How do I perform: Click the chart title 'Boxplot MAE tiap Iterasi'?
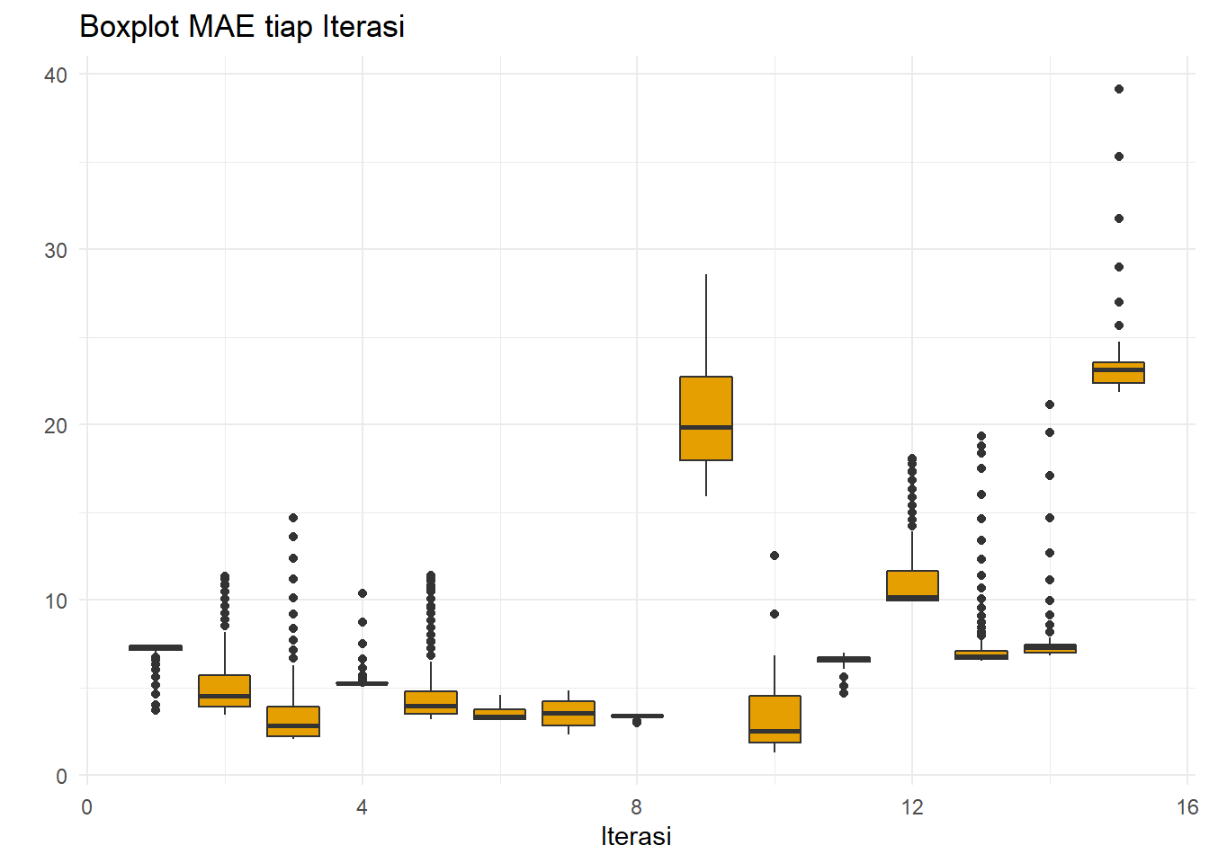tap(242, 27)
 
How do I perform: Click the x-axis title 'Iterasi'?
tap(636, 836)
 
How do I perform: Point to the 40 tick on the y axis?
tap(56, 75)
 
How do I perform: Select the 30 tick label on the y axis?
tap(56, 250)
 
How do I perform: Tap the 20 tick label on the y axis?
tap(56, 425)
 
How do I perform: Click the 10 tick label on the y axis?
tap(56, 601)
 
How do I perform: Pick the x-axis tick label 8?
tap(637, 807)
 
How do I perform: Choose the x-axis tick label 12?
tap(912, 807)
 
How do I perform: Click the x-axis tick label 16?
tap(1187, 807)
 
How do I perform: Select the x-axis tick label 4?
tap(362, 807)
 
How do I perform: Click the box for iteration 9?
tap(706, 418)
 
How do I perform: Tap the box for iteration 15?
tap(1118, 372)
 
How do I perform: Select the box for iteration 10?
tap(775, 719)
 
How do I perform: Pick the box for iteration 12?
tap(912, 585)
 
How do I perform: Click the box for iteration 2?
tap(225, 690)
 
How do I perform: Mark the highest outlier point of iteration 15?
tap(1119, 89)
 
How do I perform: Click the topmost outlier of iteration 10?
tap(775, 556)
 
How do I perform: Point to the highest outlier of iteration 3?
tap(293, 518)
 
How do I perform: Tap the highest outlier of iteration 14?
tap(1050, 405)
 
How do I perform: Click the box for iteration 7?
tap(569, 713)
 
